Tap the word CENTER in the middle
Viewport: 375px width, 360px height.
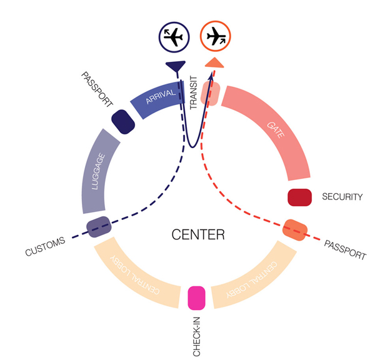pyautogui.click(x=198, y=235)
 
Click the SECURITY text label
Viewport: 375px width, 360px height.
pyautogui.click(x=342, y=197)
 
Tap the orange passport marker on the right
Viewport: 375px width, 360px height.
pyautogui.click(x=294, y=230)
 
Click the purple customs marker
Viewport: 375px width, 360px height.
pyautogui.click(x=98, y=227)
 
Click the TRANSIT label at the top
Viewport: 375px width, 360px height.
pyautogui.click(x=194, y=93)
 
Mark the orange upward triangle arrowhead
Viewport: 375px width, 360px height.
pyautogui.click(x=214, y=62)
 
